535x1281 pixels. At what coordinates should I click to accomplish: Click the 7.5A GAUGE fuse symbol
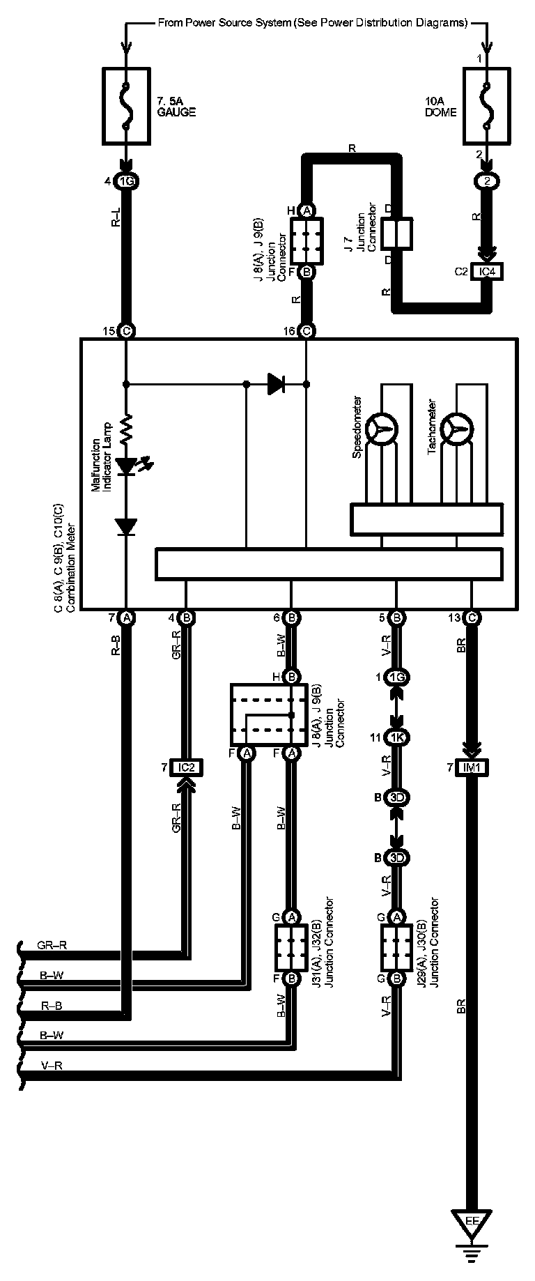point(126,107)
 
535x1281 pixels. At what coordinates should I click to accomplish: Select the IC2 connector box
point(185,768)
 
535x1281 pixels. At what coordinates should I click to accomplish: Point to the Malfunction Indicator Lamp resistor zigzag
point(126,430)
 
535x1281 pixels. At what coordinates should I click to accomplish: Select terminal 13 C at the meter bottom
point(472,618)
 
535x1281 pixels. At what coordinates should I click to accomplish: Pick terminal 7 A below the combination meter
point(126,618)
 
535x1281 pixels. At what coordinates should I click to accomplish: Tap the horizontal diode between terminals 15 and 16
point(277,383)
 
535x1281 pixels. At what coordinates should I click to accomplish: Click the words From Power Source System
point(223,23)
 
